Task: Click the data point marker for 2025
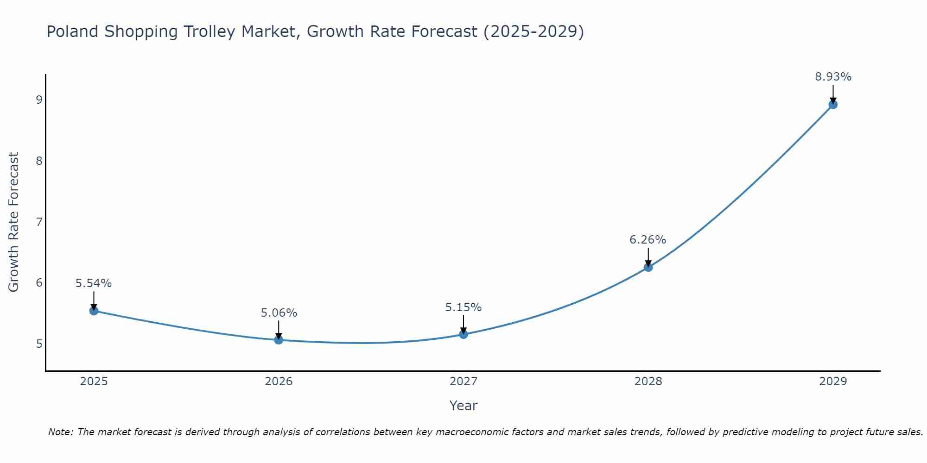(x=94, y=311)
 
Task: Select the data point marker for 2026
(x=279, y=340)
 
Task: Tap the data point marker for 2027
(x=463, y=334)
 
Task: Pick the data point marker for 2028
(x=648, y=267)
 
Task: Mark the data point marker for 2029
(x=833, y=105)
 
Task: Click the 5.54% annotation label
(x=94, y=283)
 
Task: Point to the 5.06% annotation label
(x=279, y=313)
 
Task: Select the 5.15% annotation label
(x=463, y=307)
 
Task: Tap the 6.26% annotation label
(x=648, y=239)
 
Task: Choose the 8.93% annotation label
(x=833, y=77)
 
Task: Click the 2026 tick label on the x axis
(x=279, y=382)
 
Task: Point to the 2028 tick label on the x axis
(x=648, y=382)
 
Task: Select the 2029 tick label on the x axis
(x=833, y=382)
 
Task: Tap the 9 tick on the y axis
(x=39, y=100)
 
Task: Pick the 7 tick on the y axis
(x=39, y=222)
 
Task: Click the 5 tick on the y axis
(x=39, y=344)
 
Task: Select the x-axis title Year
(x=463, y=406)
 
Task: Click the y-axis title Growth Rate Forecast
(x=14, y=222)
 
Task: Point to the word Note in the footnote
(x=60, y=432)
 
